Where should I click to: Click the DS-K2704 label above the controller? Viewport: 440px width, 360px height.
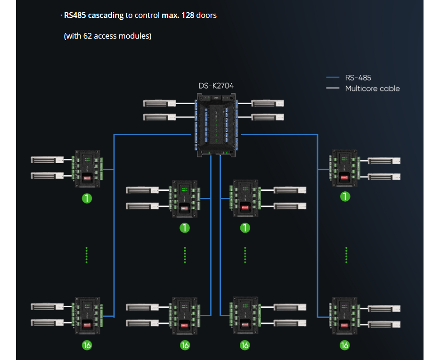click(216, 86)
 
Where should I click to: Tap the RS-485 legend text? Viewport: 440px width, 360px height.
click(358, 78)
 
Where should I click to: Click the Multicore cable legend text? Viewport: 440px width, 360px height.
click(372, 88)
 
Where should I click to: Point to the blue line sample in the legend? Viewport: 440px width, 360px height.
click(333, 78)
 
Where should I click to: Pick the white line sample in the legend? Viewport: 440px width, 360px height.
click(333, 88)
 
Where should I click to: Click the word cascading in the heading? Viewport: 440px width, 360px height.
click(106, 15)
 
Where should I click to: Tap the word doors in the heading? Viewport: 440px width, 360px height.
click(206, 15)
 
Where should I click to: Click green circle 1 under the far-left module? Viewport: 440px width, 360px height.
click(87, 198)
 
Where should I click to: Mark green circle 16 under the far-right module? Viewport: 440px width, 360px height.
click(345, 345)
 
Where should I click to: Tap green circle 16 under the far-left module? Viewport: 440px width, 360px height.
click(87, 345)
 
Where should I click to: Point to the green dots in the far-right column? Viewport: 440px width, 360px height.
click(346, 255)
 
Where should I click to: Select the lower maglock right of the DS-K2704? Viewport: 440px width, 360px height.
click(268, 117)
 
